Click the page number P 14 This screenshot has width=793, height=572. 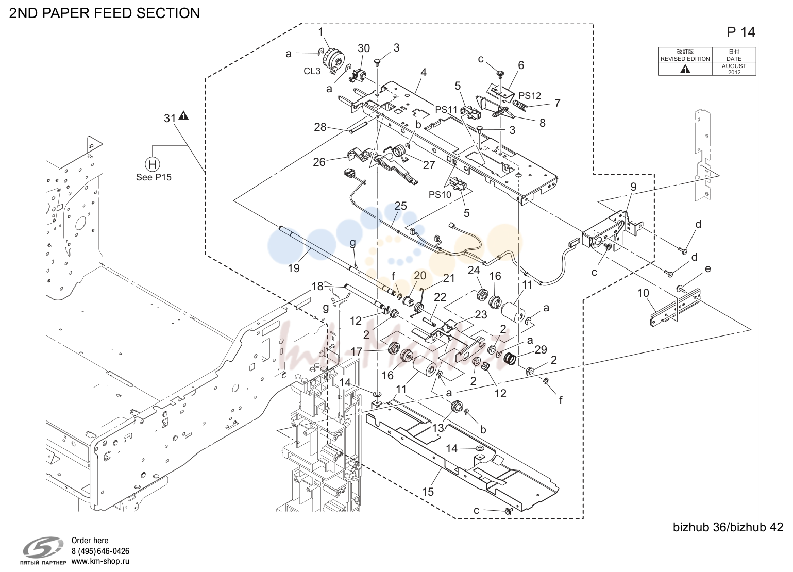click(741, 32)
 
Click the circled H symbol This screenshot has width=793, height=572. click(153, 164)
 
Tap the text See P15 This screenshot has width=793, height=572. click(154, 177)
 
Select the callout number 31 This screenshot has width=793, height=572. click(170, 118)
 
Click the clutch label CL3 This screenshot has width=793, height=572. click(312, 71)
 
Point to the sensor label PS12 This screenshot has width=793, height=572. click(530, 96)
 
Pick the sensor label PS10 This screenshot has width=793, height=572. click(440, 195)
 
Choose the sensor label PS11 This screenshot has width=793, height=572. click(447, 110)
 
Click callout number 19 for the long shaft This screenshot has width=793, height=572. click(294, 268)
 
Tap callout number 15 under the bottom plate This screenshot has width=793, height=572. click(428, 492)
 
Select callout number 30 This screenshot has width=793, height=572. click(364, 48)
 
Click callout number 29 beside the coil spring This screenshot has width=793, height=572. click(541, 350)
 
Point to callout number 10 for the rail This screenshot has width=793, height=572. click(643, 293)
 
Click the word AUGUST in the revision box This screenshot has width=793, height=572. click(734, 66)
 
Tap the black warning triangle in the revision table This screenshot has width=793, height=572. click(685, 70)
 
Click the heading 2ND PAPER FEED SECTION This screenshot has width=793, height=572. click(105, 13)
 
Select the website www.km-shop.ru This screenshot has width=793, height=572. click(100, 562)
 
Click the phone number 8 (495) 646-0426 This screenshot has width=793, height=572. click(100, 551)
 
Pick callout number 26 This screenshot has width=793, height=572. click(319, 162)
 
